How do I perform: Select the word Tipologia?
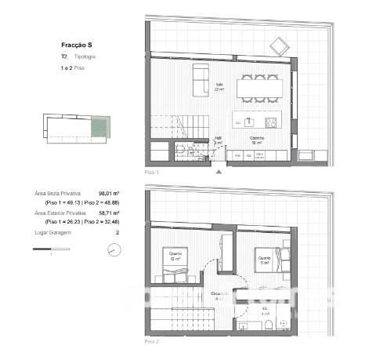coord(85,57)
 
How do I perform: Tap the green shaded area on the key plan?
coord(99,127)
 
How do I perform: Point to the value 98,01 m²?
coord(108,193)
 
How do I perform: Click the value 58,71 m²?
coord(108,213)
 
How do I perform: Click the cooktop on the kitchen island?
coord(271,122)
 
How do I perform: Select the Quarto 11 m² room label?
coord(264,259)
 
